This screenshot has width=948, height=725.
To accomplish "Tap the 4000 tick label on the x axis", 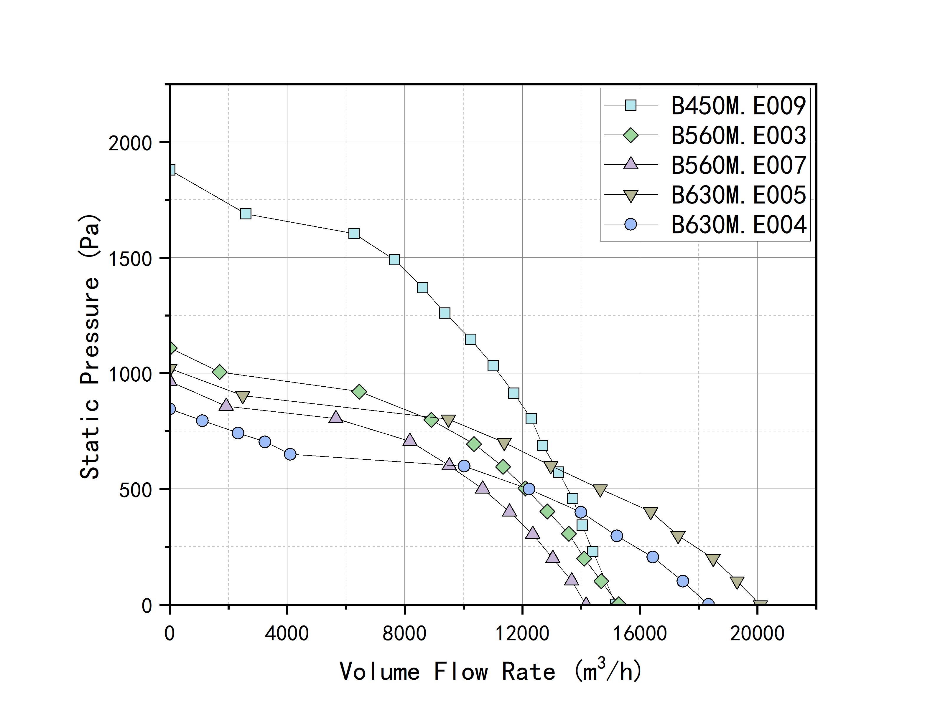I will pos(287,633).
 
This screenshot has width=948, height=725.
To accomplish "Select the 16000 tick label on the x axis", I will pos(639,633).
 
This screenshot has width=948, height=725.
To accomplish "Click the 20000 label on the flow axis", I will pos(757,633).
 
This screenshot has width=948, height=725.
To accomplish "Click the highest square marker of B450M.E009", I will pos(171,170).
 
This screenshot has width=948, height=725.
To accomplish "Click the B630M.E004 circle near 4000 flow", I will pos(290,454).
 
